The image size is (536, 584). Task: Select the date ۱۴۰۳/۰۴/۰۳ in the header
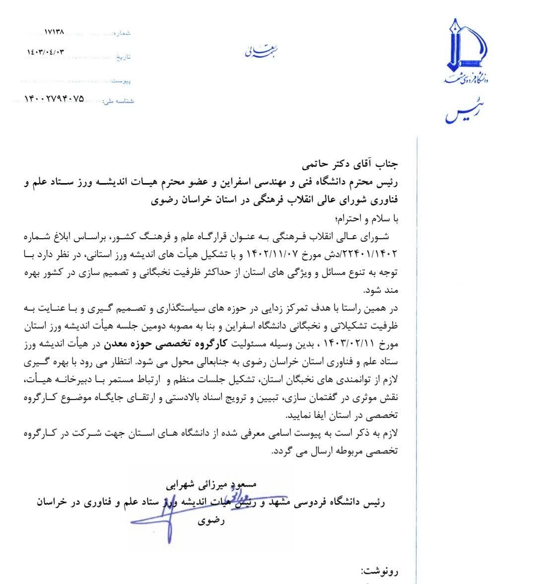pyautogui.click(x=46, y=52)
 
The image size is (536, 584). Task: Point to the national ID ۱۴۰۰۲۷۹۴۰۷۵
pyautogui.click(x=54, y=99)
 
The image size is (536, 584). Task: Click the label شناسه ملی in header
pyautogui.click(x=118, y=101)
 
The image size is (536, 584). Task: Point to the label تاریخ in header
pyautogui.click(x=123, y=57)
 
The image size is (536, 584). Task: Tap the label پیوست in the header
pyautogui.click(x=122, y=79)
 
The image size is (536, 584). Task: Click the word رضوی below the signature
pyautogui.click(x=212, y=521)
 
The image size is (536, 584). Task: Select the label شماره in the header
pyautogui.click(x=122, y=33)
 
